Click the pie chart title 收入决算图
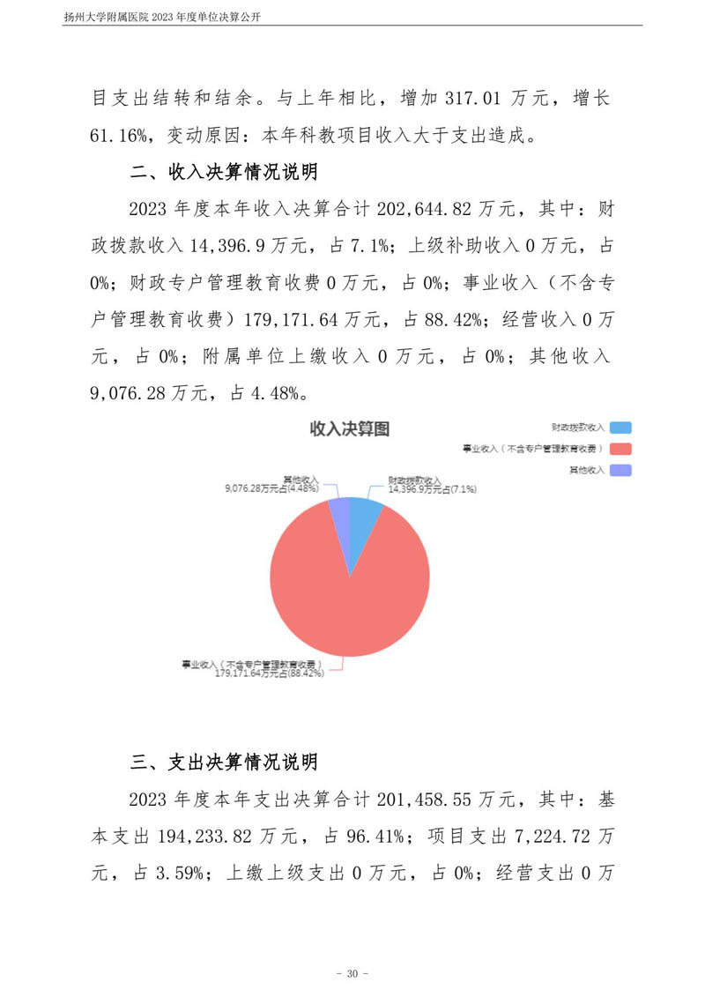coord(350,429)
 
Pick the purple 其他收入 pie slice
coord(339,511)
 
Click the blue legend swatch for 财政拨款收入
coord(620,428)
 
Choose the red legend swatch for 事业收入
coord(620,449)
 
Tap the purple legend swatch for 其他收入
coord(620,471)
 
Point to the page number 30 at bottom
coord(352,973)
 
